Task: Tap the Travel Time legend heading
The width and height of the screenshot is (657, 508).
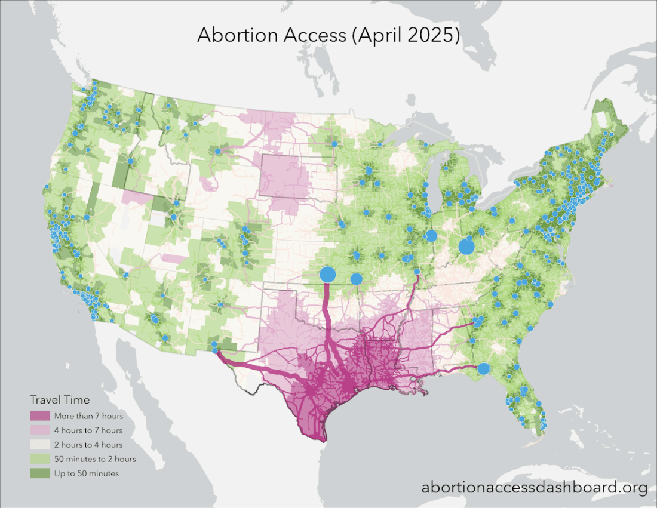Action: tap(60, 399)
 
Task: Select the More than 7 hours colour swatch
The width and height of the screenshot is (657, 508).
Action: tap(40, 415)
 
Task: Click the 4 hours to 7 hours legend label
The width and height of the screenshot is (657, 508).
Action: tap(88, 430)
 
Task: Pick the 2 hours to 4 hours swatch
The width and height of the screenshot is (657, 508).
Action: tap(40, 444)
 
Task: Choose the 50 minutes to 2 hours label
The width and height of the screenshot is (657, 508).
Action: tap(94, 459)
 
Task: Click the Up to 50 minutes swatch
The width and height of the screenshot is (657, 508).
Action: tap(40, 473)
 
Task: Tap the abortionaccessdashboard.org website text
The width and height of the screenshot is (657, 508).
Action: tap(534, 488)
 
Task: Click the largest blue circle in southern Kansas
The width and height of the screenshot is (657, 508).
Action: tap(327, 275)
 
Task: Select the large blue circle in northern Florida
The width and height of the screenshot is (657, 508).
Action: tap(484, 368)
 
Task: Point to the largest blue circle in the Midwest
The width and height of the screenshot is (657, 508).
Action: tap(466, 247)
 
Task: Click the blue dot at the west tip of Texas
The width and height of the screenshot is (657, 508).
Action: tap(214, 345)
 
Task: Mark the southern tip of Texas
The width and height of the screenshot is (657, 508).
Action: tap(323, 439)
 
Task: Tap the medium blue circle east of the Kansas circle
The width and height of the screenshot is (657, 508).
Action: tap(356, 279)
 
